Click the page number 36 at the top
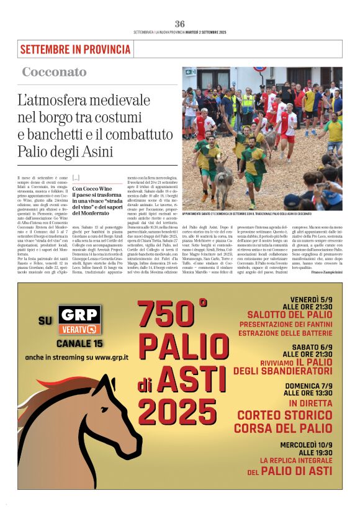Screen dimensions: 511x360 point(179,24)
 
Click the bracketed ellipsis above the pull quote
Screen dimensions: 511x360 point(76,178)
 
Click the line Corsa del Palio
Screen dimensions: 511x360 point(283,428)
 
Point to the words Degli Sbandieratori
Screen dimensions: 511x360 point(283,370)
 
